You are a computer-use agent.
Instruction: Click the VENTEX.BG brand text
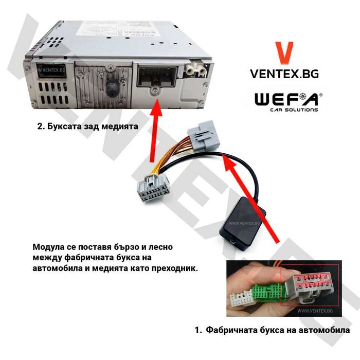284,74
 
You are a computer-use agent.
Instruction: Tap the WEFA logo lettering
288,99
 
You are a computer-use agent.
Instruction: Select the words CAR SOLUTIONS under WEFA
294,110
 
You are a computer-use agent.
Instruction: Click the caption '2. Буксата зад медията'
88,126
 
